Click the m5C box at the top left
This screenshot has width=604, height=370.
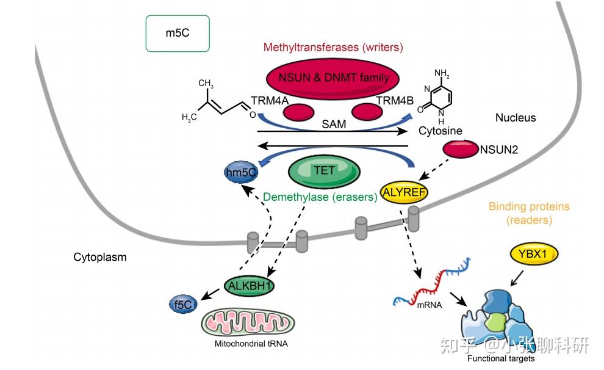pyautogui.click(x=178, y=34)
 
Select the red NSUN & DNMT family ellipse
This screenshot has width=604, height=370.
pyautogui.click(x=333, y=79)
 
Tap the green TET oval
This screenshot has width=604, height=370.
pyautogui.click(x=324, y=172)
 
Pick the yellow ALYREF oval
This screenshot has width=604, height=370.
pyautogui.click(x=404, y=192)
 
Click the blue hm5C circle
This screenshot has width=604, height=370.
pyautogui.click(x=241, y=172)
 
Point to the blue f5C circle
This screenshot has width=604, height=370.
pyautogui.click(x=183, y=305)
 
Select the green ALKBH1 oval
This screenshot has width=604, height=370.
pyautogui.click(x=250, y=286)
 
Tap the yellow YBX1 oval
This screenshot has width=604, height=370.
pyautogui.click(x=533, y=254)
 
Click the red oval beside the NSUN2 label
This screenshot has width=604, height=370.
pyautogui.click(x=460, y=149)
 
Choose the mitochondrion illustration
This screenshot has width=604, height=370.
pyautogui.click(x=248, y=322)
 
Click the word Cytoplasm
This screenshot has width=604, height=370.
pyautogui.click(x=100, y=257)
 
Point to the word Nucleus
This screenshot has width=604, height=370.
pyautogui.click(x=516, y=118)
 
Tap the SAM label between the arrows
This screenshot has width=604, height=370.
pyautogui.click(x=334, y=124)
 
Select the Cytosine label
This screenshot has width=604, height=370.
pyautogui.click(x=440, y=131)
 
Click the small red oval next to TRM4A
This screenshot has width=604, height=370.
pyautogui.click(x=298, y=112)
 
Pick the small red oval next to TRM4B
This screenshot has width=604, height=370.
pyautogui.click(x=367, y=112)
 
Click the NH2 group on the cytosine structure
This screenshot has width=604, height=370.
pyautogui.click(x=442, y=73)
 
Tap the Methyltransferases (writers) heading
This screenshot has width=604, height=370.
pyautogui.click(x=333, y=48)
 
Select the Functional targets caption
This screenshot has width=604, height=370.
pyautogui.click(x=501, y=358)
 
